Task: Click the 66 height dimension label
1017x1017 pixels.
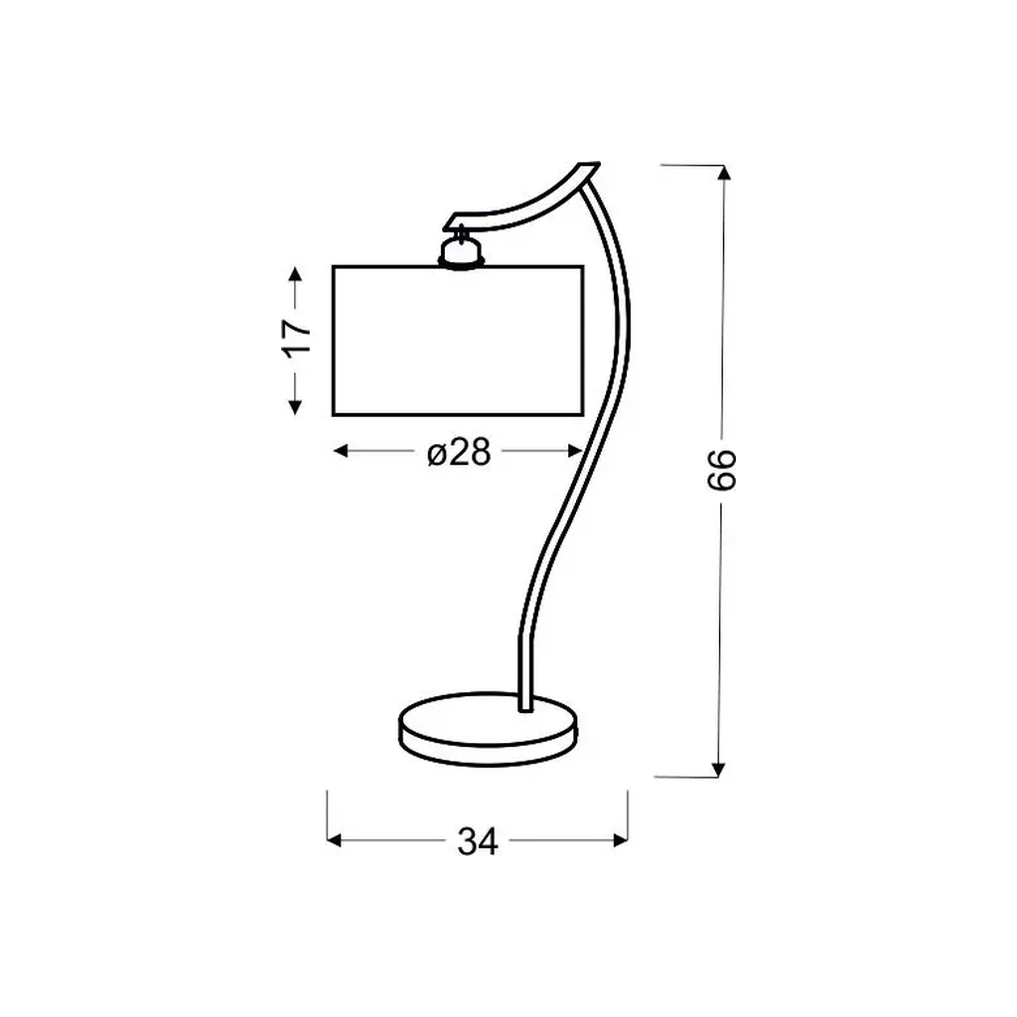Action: pyautogui.click(x=722, y=469)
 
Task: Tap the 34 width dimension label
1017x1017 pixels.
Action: pyautogui.click(x=478, y=842)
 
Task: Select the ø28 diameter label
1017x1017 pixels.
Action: pyautogui.click(x=459, y=452)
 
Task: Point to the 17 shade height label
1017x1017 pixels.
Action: pyautogui.click(x=296, y=337)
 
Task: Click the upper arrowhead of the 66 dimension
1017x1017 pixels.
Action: pyautogui.click(x=724, y=173)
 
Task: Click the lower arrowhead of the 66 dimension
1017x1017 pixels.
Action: pyautogui.click(x=717, y=770)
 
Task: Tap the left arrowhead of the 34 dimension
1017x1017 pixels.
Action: pyautogui.click(x=335, y=840)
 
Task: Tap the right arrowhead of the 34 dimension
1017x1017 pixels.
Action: pyautogui.click(x=620, y=840)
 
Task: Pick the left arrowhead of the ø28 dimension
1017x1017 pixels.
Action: pyautogui.click(x=341, y=451)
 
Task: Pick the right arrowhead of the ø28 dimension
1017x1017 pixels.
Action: pyautogui.click(x=575, y=451)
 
